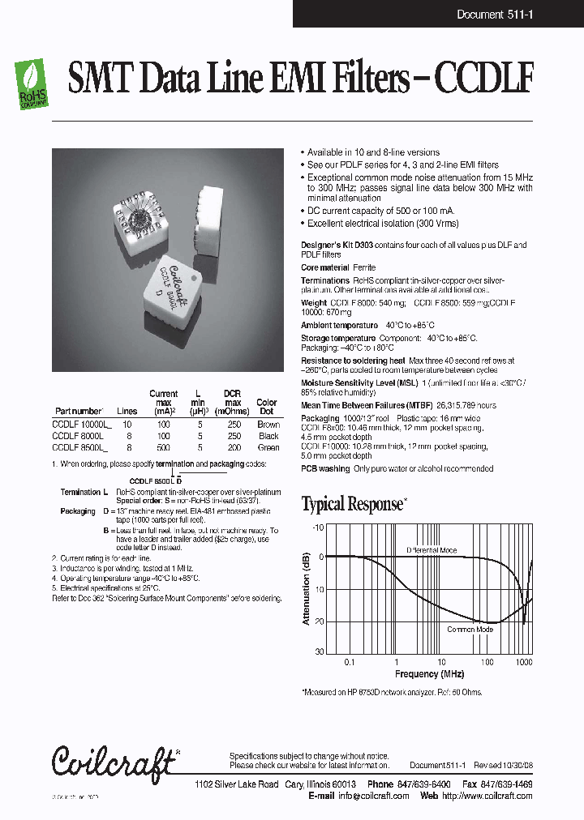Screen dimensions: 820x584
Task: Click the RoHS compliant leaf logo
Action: pyautogui.click(x=32, y=85)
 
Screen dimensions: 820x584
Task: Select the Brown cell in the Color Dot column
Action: pyautogui.click(x=268, y=424)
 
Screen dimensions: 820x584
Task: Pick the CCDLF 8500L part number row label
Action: pyautogui.click(x=79, y=446)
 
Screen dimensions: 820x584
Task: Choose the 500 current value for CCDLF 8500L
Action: pyautogui.click(x=163, y=446)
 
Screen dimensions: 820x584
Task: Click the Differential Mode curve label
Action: pyautogui.click(x=432, y=550)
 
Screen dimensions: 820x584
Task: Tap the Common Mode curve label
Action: pyautogui.click(x=470, y=629)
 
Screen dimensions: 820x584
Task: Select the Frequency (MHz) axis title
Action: pyautogui.click(x=429, y=674)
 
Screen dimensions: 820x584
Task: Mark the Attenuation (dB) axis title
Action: pyautogui.click(x=307, y=589)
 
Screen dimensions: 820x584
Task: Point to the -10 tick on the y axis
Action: pyautogui.click(x=318, y=527)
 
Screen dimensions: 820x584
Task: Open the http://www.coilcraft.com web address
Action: pyautogui.click(x=487, y=797)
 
